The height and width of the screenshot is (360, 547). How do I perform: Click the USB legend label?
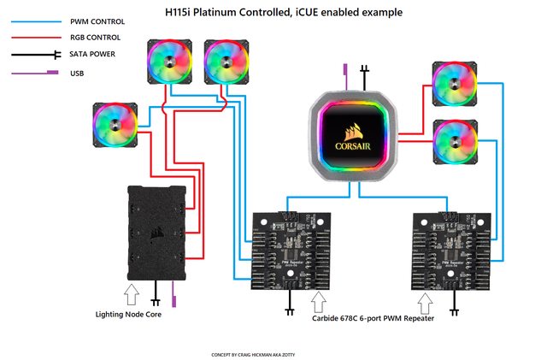pos(79,74)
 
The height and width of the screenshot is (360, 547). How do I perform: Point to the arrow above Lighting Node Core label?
pos(132,295)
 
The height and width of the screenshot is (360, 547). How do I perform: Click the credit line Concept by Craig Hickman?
pos(258,353)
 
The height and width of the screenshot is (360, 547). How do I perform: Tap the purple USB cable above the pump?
pos(345,72)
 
